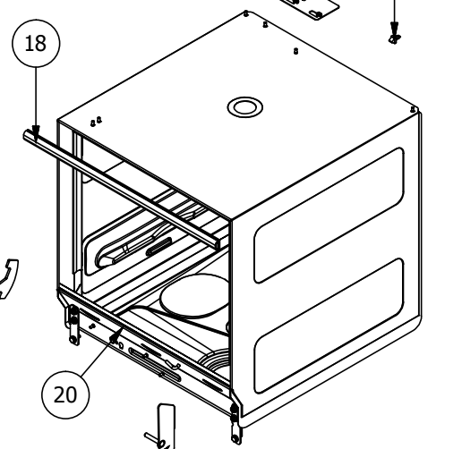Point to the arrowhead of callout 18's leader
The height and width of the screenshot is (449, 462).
36,131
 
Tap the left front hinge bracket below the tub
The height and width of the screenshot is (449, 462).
73,325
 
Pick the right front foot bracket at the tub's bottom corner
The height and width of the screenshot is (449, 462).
235,423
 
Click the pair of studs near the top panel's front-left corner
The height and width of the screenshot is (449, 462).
96,122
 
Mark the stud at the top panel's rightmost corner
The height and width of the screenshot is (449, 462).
413,109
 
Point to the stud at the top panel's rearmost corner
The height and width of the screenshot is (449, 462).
246,13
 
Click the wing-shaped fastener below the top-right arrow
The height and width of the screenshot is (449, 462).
394,38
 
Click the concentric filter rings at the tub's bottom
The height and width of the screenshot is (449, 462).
216,361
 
